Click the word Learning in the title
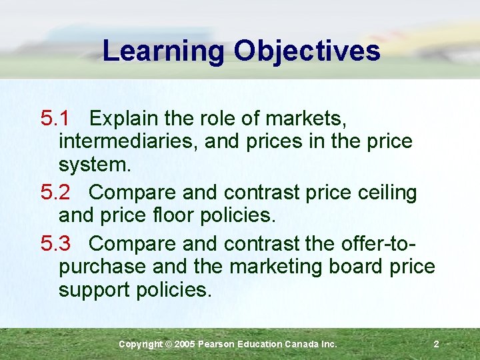164,51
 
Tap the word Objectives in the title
307,51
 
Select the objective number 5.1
55,119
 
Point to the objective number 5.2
55,193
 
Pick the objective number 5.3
55,243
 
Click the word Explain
124,119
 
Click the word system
95,164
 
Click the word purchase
102,267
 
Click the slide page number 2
436,344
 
